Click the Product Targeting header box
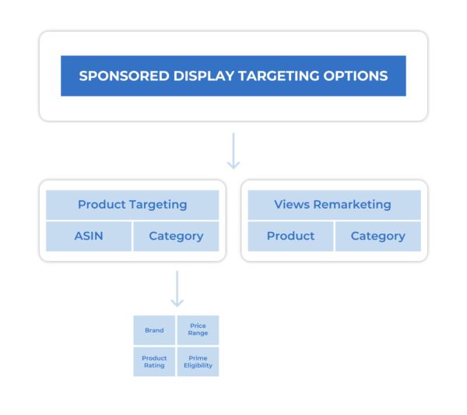(132, 205)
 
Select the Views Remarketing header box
(333, 205)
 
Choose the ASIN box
(88, 236)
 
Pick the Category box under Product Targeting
(176, 236)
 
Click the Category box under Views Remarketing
(377, 236)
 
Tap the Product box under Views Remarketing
(290, 236)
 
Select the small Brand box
(154, 330)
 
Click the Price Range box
(198, 330)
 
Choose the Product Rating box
(154, 361)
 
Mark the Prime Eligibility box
(198, 361)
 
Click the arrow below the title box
(233, 151)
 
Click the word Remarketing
(354, 205)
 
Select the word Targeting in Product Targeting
(159, 205)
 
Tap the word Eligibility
(198, 365)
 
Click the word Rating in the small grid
(154, 365)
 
